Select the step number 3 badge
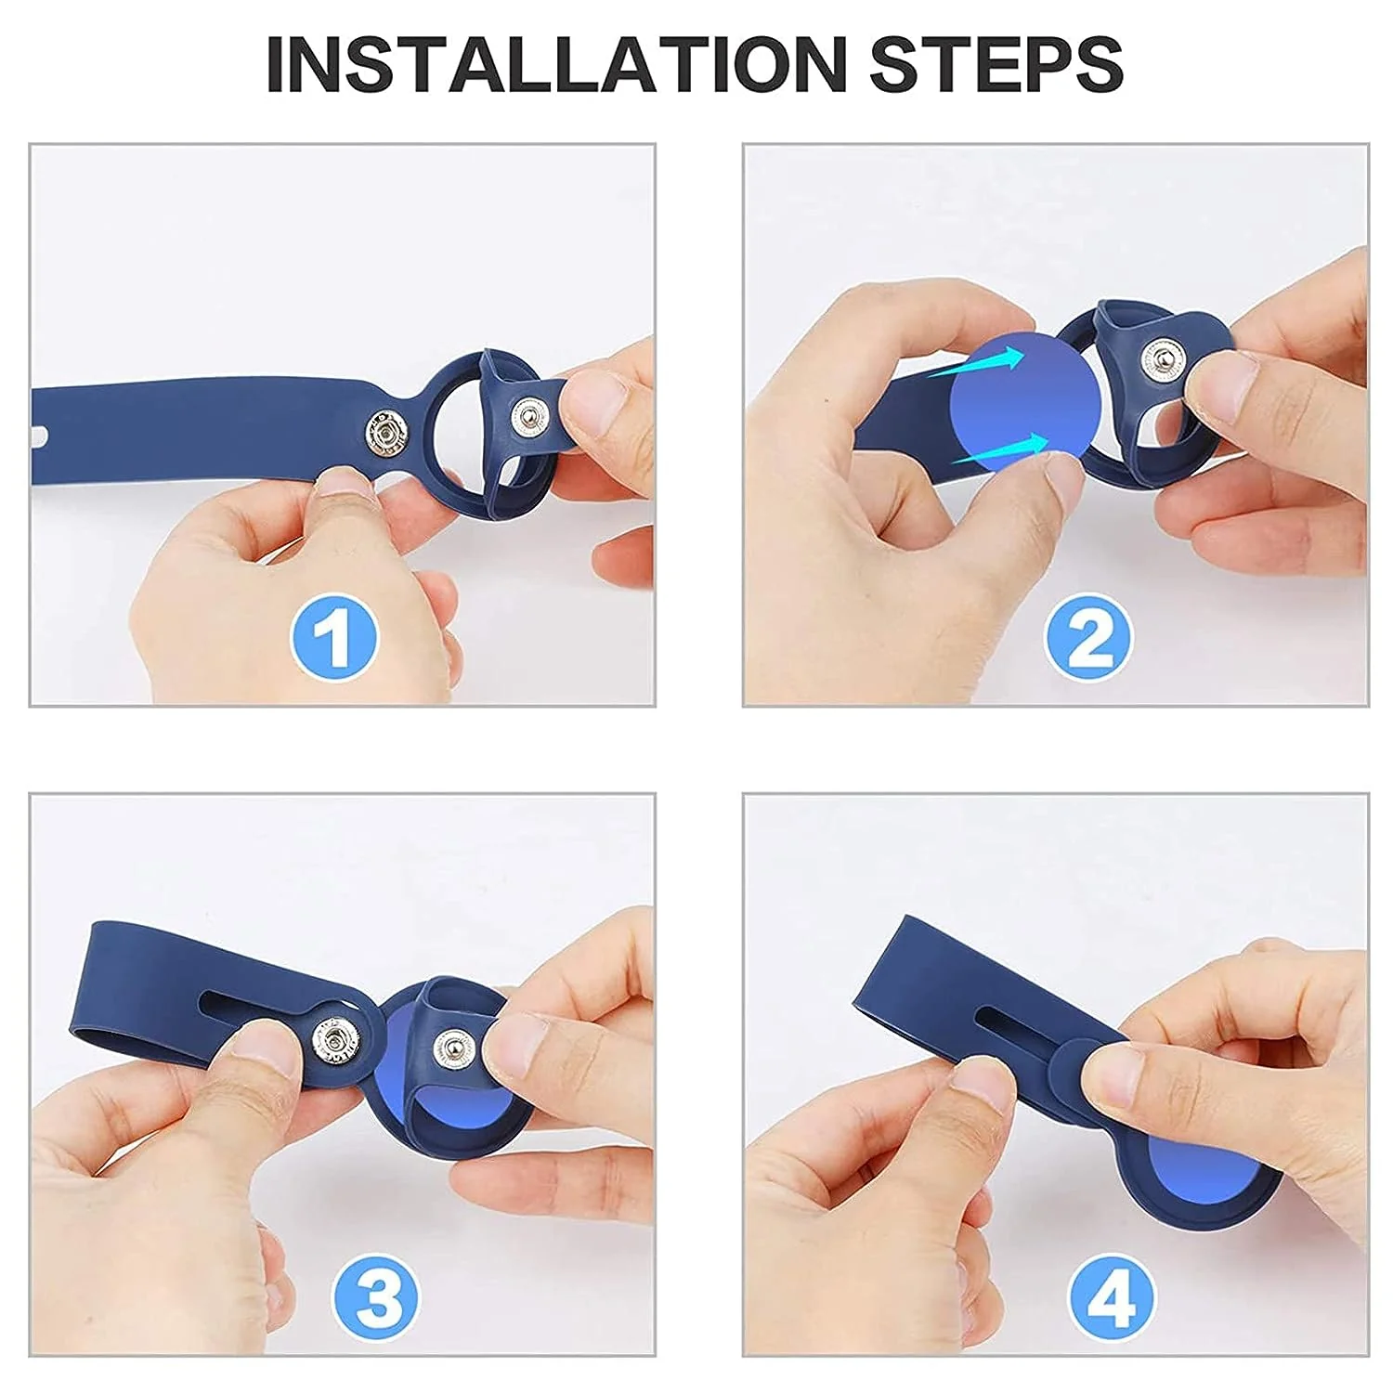click(376, 1296)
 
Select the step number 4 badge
click(1112, 1296)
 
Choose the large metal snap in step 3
click(332, 1041)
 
